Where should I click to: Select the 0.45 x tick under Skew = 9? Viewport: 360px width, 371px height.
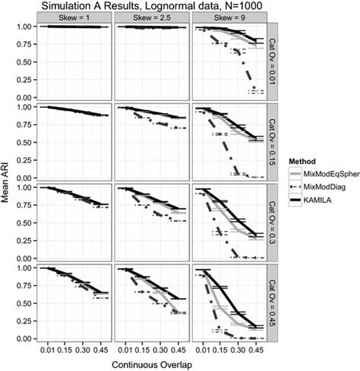pyautogui.click(x=258, y=351)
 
